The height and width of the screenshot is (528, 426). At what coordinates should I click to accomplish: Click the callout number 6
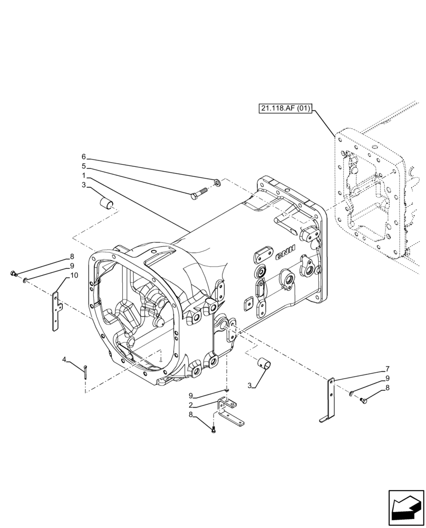coord(83,157)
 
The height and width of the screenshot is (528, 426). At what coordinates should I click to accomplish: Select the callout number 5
coord(83,166)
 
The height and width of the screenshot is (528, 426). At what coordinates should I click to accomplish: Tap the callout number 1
coord(83,175)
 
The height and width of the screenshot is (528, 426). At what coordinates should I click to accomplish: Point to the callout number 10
coord(73,275)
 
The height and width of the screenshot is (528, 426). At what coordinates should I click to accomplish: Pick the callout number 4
coord(64,360)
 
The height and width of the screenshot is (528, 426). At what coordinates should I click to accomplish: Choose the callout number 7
coord(388,369)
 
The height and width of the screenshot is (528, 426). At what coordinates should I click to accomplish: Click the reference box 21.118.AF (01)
coord(286,109)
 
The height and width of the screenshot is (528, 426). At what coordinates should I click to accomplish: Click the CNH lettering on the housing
coord(285,253)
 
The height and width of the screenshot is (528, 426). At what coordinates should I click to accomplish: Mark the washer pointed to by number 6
coord(217,183)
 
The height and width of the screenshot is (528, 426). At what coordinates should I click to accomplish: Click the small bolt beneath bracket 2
coord(213,430)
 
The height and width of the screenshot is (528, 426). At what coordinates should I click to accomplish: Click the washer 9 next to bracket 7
coord(351,393)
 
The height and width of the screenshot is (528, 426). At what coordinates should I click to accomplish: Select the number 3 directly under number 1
coord(83,184)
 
